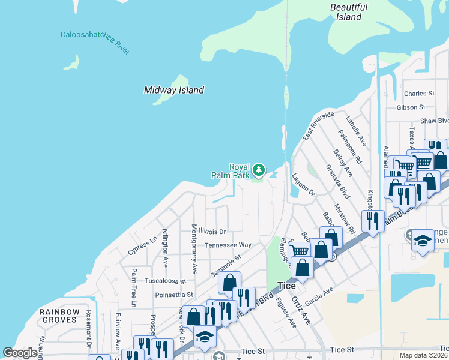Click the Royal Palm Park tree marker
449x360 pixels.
pyautogui.click(x=259, y=170)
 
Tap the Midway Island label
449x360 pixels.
pyautogui.click(x=174, y=90)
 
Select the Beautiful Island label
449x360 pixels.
pyautogui.click(x=349, y=12)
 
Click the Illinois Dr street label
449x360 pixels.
pyautogui.click(x=212, y=231)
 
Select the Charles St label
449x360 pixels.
pyautogui.click(x=419, y=94)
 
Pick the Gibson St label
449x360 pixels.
pyautogui.click(x=411, y=107)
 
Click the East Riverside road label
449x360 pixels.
pyautogui.click(x=318, y=126)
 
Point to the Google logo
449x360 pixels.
pyautogui.click(x=20, y=353)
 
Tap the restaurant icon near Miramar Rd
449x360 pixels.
pyautogui.click(x=373, y=221)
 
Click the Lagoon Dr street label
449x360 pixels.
pyautogui.click(x=303, y=185)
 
